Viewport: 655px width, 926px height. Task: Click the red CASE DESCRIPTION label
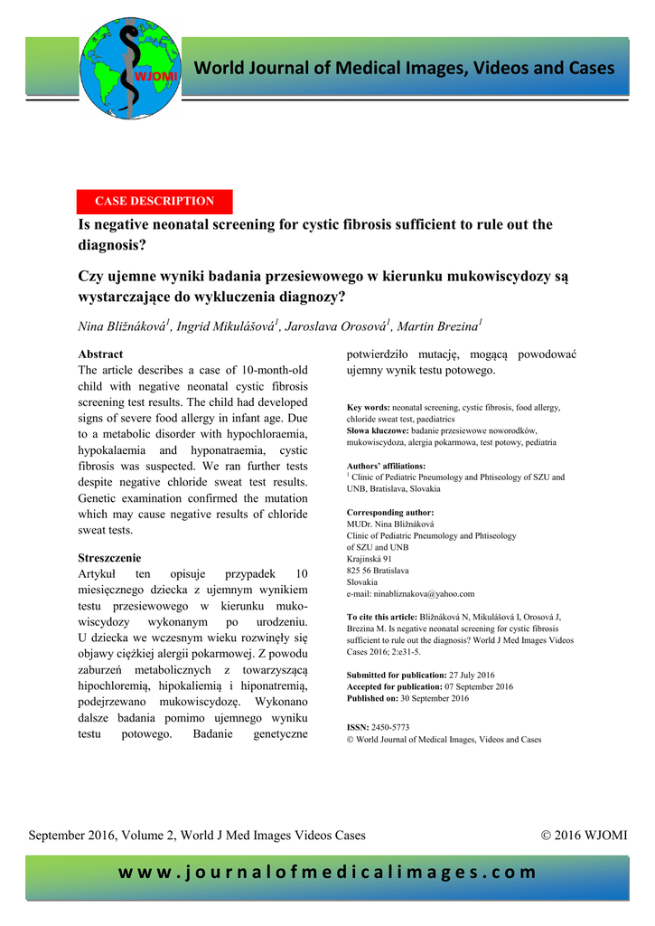pos(154,201)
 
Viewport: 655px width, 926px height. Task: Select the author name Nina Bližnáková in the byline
pos(122,327)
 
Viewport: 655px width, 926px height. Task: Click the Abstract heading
pos(100,354)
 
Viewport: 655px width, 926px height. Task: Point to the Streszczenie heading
pos(109,558)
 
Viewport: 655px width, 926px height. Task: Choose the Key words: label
pos(369,408)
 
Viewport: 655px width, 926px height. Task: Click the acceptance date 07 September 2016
pos(482,686)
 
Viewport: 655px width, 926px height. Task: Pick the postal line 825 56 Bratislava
pos(378,571)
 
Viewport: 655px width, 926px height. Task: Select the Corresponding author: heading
pos(390,512)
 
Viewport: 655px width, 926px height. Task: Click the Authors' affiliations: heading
pos(386,466)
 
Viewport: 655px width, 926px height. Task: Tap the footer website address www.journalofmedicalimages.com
pos(327,873)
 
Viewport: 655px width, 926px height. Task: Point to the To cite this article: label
pos(382,617)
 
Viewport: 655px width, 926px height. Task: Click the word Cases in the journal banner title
pos(592,69)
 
